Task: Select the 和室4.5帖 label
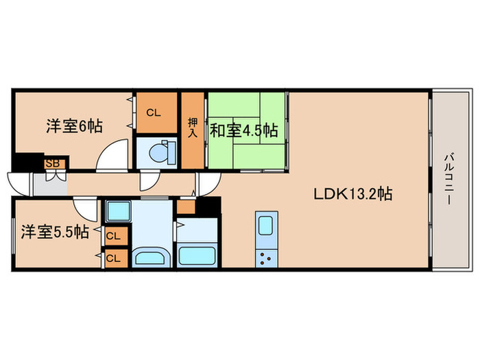(x=243, y=129)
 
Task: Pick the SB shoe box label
(x=51, y=164)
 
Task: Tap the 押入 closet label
(x=193, y=128)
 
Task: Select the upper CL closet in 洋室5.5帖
(x=114, y=236)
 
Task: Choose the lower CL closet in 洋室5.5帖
(x=114, y=259)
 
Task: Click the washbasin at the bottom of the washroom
(x=151, y=258)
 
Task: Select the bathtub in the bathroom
(x=197, y=256)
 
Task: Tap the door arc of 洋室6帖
(x=111, y=154)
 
